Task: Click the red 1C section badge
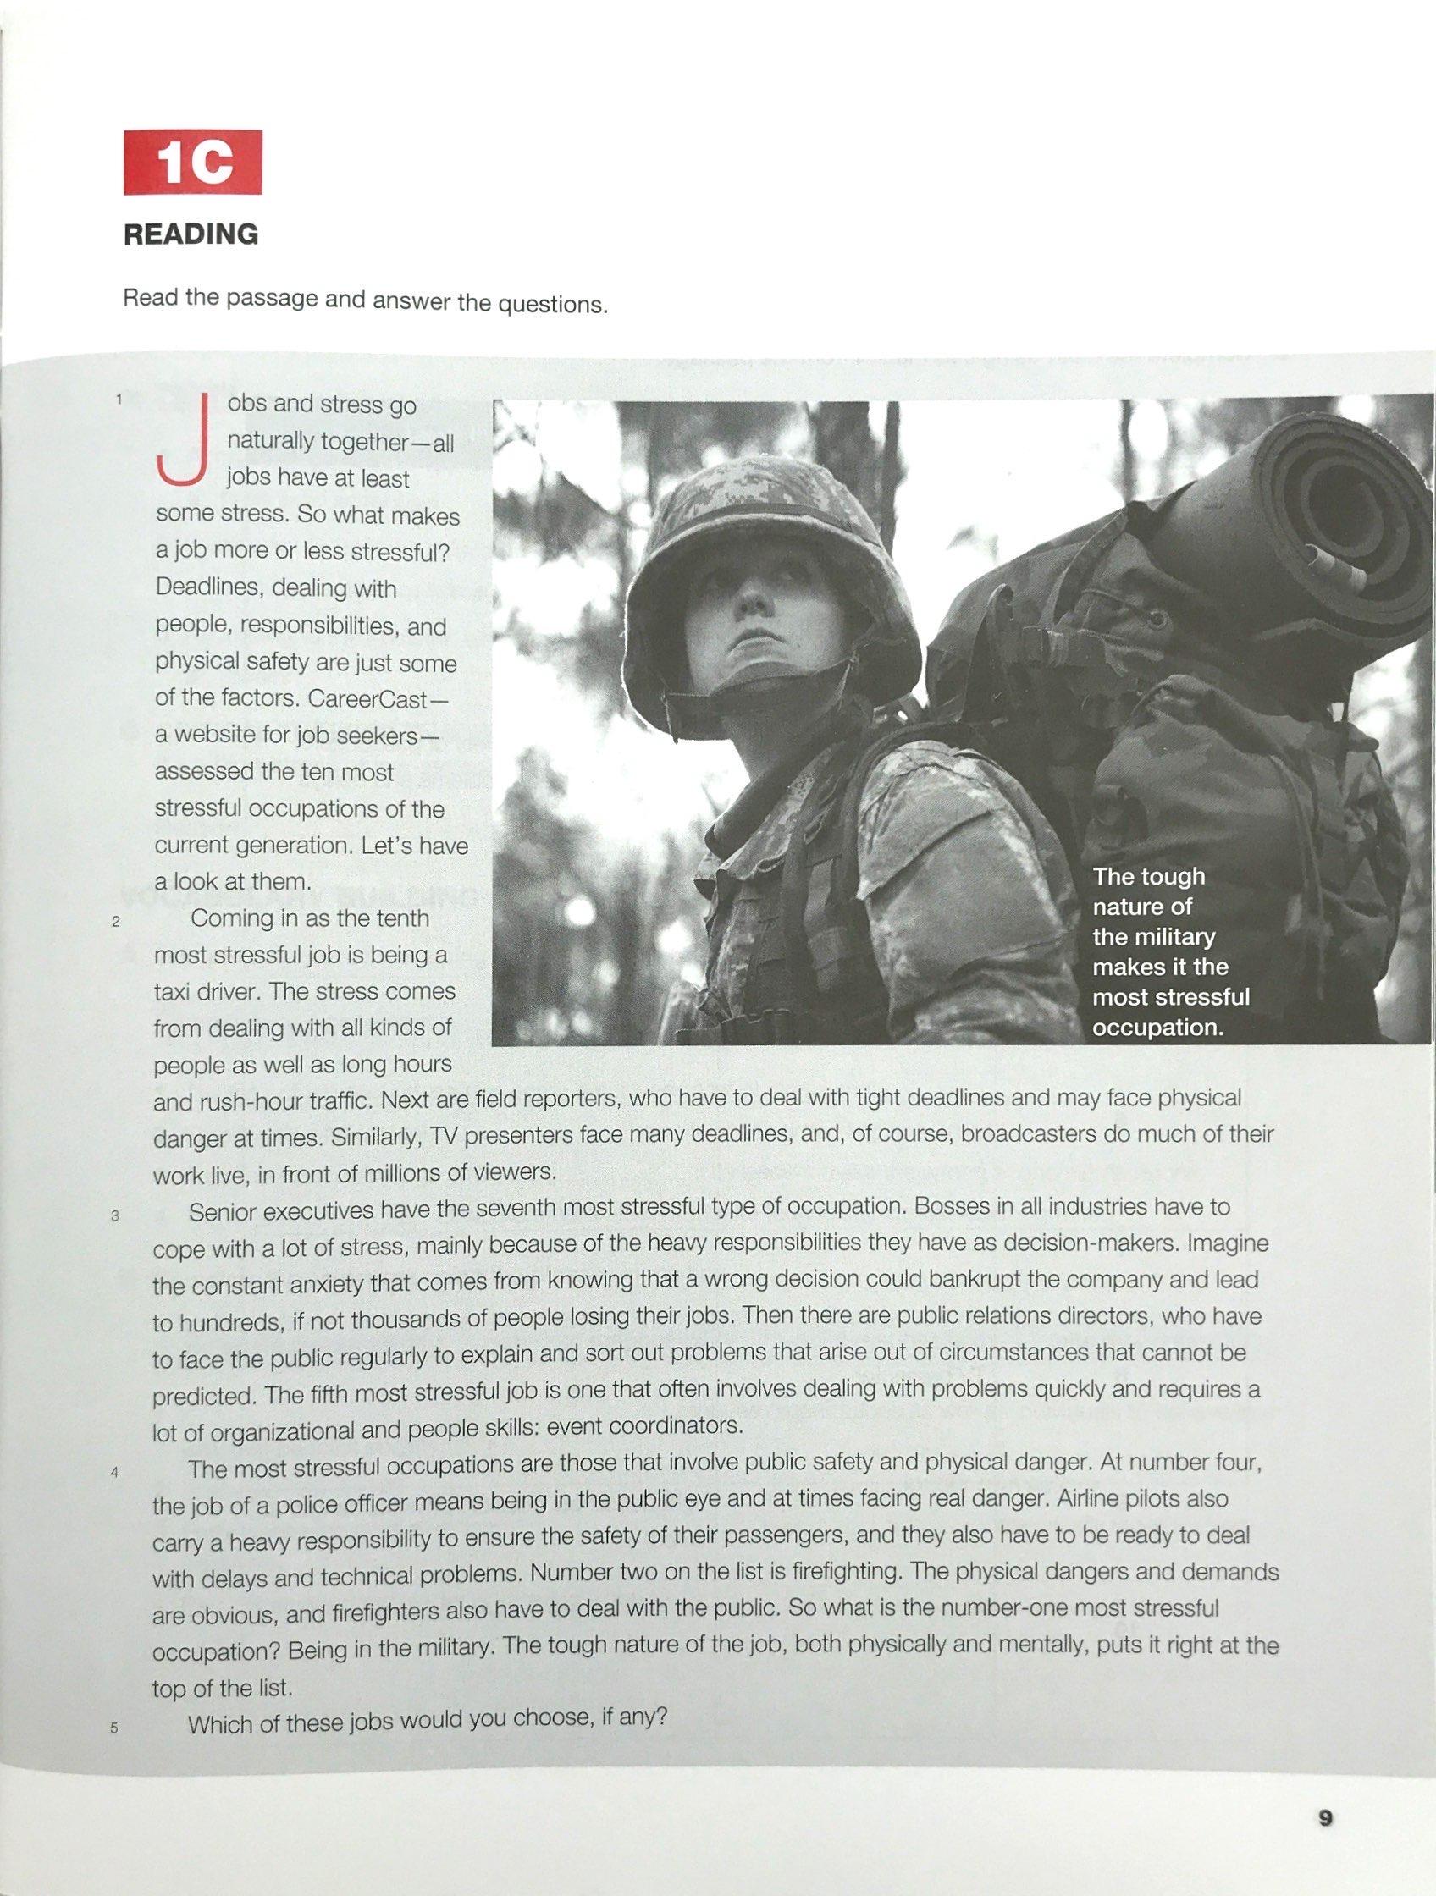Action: pos(192,163)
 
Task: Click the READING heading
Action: pos(191,234)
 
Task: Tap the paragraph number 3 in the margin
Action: pos(114,1215)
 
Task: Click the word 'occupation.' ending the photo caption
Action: pos(1157,1027)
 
